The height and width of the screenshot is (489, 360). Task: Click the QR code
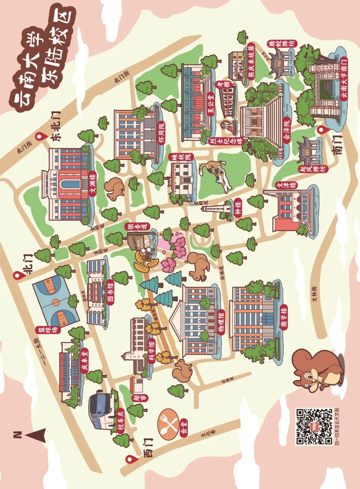[x=314, y=426]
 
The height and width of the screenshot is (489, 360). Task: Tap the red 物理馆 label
[x=221, y=322]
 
